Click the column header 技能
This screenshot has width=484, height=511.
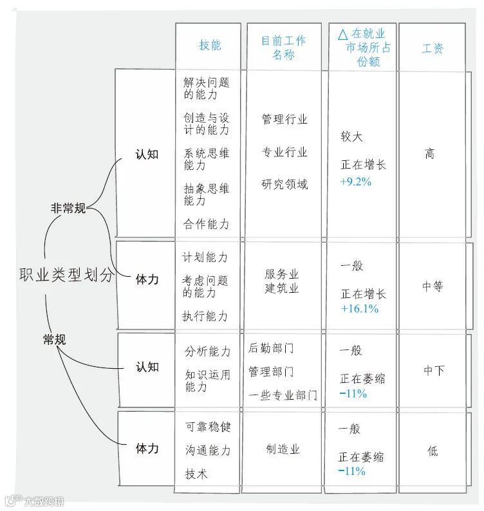coord(210,45)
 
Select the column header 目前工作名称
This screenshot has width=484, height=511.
coord(284,48)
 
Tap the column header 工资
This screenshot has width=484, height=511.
coord(433,48)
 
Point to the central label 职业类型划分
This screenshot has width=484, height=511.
coord(66,275)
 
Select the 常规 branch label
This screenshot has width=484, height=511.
coord(54,340)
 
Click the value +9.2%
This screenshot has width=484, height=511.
coord(356,181)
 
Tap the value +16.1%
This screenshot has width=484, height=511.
coord(359,309)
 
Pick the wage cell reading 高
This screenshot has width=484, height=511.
coord(430,154)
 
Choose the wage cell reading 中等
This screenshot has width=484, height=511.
coord(433,287)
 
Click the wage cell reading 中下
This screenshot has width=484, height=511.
coord(433,370)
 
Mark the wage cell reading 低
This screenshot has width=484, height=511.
coord(433,451)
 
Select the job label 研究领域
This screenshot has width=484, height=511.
coord(284,185)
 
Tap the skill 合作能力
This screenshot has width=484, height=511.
coord(206,224)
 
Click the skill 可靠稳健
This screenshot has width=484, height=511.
coord(207,427)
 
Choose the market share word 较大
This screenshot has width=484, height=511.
coord(351,136)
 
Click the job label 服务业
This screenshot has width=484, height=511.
coord(282,274)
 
